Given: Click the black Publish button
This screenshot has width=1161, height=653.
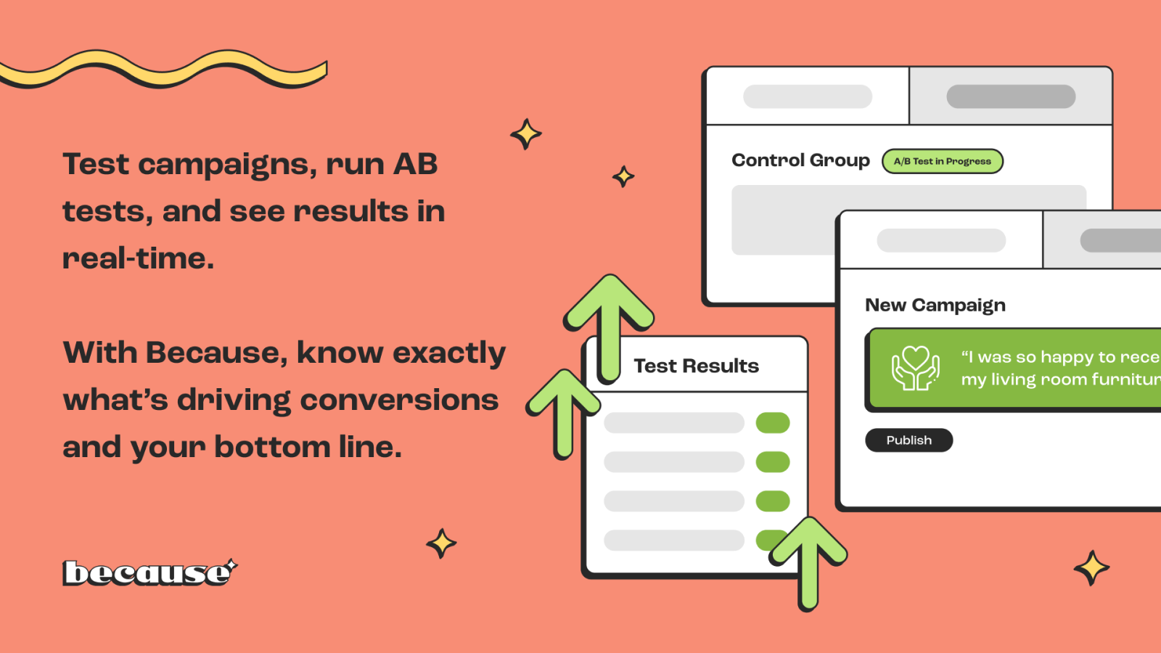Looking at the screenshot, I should point(908,440).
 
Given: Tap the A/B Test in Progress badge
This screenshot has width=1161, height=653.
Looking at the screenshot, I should point(942,161).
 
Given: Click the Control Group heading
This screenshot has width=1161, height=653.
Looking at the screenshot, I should point(800,160).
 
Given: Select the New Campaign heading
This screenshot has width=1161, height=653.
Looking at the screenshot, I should point(935,305).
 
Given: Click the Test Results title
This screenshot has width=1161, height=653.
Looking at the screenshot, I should point(696,366).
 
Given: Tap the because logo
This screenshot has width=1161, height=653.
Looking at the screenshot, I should point(148,573).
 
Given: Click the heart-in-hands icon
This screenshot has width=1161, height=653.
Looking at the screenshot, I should point(915,368).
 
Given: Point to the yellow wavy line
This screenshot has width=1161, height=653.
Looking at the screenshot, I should point(163,70).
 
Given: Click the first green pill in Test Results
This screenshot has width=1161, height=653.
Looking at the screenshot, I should point(772,423).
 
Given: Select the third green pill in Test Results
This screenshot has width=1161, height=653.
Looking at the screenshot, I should point(772,501).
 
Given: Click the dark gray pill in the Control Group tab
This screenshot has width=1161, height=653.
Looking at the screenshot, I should point(1010,96).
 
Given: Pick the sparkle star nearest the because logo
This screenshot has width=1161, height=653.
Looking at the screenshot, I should point(441,543).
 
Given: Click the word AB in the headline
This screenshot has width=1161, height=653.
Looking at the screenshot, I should point(415,165).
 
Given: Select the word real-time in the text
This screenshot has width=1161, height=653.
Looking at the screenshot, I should point(138,259).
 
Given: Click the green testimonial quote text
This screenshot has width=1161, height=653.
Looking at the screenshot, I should point(1059,368).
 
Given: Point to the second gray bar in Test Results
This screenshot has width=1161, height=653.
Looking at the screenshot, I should point(674,462).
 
